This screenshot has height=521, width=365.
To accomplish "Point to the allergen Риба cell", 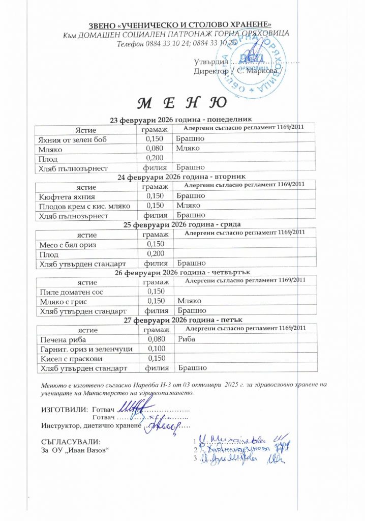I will pyautogui.click(x=187, y=338).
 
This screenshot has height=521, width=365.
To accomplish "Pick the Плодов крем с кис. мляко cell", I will pyautogui.click(x=84, y=206).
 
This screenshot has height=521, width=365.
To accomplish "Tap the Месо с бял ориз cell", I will pyautogui.click(x=68, y=245).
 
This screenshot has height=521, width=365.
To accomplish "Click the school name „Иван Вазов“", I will pyautogui.click(x=86, y=450).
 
